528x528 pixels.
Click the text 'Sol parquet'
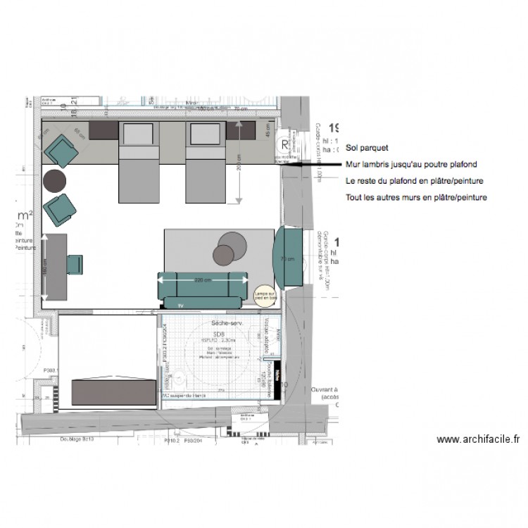367,149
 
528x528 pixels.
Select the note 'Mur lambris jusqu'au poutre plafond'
410,165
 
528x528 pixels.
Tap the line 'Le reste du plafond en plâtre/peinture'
414,181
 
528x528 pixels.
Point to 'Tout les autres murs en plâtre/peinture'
416,198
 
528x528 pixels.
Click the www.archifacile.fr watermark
478,439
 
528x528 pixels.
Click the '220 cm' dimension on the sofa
203,280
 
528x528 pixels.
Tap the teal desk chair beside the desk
75,264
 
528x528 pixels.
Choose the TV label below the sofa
181,305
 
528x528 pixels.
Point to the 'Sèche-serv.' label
227,323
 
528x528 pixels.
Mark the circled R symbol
285,146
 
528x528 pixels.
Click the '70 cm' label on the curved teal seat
284,258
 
